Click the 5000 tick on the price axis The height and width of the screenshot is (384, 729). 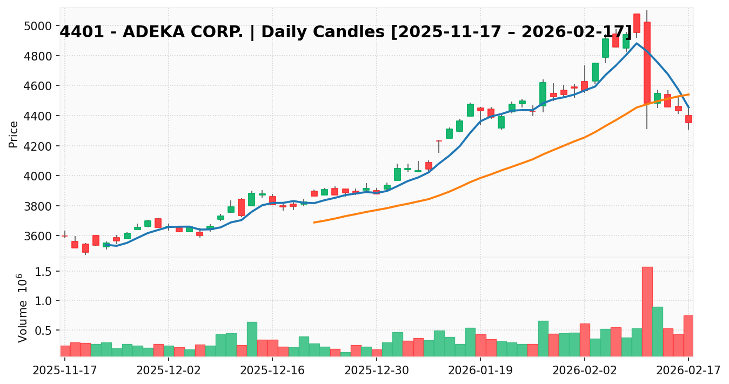pyautogui.click(x=40, y=26)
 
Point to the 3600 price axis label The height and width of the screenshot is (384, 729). pyautogui.click(x=40, y=236)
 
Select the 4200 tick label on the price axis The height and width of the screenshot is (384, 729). pyautogui.click(x=40, y=146)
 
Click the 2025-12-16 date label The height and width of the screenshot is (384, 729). pyautogui.click(x=272, y=372)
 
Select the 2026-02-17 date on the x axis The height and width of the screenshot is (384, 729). pyautogui.click(x=688, y=372)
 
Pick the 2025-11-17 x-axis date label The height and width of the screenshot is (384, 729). pyautogui.click(x=65, y=372)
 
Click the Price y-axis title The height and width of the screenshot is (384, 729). pyautogui.click(x=14, y=134)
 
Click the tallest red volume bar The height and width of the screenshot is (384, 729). pyautogui.click(x=647, y=311)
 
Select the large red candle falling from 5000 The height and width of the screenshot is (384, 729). pyautogui.click(x=647, y=62)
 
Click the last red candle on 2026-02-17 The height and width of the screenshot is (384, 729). pyautogui.click(x=688, y=119)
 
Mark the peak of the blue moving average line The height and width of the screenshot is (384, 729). pyautogui.click(x=637, y=43)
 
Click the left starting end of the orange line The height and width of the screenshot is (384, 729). pyautogui.click(x=314, y=223)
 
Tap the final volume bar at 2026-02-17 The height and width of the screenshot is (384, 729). pyautogui.click(x=688, y=335)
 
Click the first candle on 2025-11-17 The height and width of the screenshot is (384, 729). pyautogui.click(x=65, y=235)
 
